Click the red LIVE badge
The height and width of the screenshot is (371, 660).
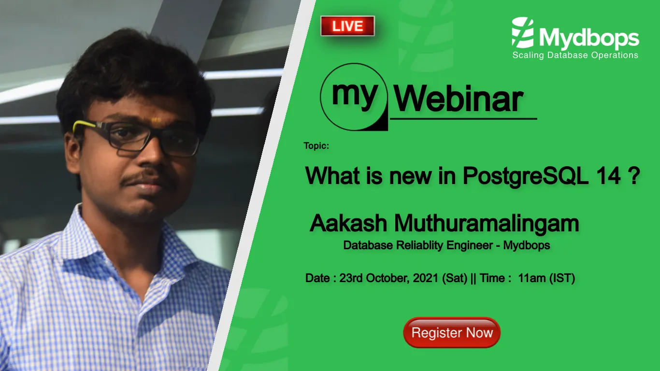tap(347, 26)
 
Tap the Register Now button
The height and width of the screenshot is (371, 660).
tap(452, 332)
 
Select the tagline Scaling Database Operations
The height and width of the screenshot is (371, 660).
tap(575, 55)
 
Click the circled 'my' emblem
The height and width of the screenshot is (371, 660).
tap(354, 97)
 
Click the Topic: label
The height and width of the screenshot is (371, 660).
tap(316, 145)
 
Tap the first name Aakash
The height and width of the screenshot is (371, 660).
tap(348, 224)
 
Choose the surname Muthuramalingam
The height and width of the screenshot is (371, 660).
tap(487, 224)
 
